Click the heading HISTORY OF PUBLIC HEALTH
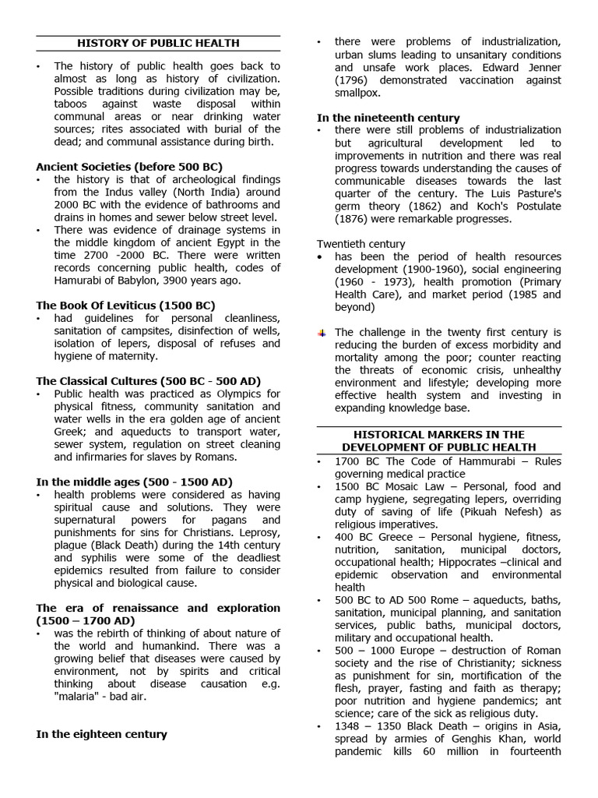click(158, 43)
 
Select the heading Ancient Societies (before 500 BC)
click(129, 167)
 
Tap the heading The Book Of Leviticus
click(125, 305)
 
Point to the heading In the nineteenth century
click(388, 118)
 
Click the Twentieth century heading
click(361, 244)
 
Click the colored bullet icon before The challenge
click(322, 333)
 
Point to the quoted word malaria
click(79, 697)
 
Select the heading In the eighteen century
click(101, 734)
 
